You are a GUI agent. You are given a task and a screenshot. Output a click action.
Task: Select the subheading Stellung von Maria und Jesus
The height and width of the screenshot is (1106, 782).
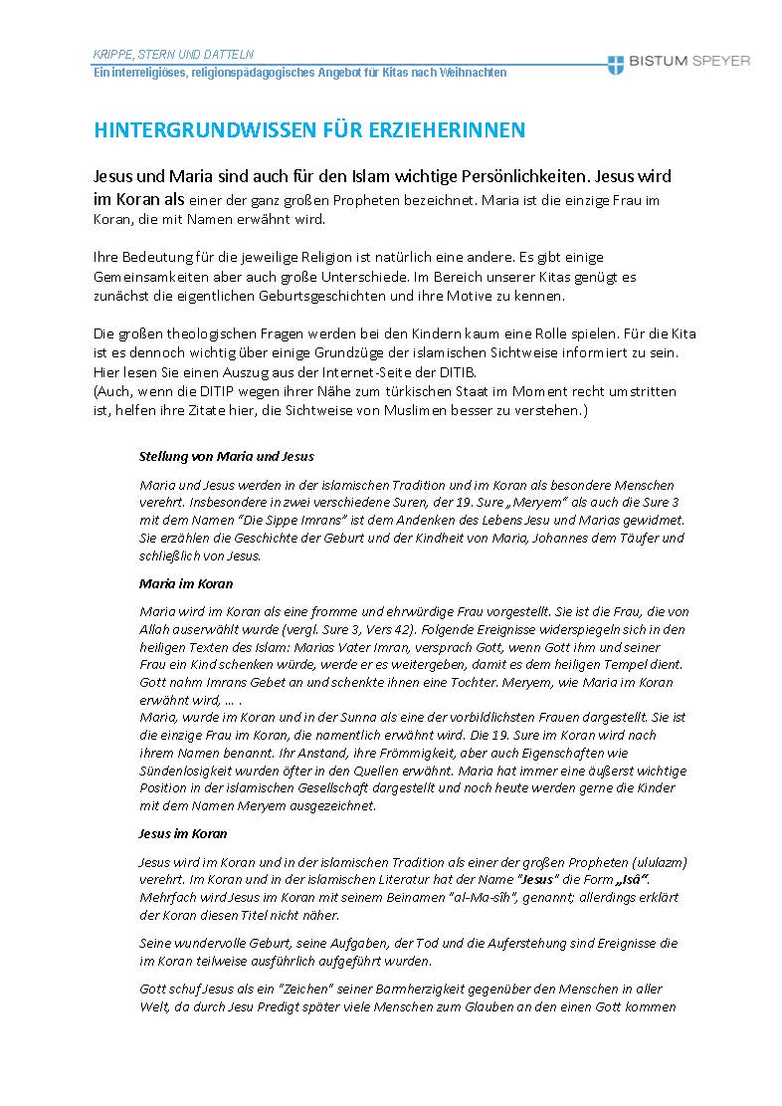(227, 456)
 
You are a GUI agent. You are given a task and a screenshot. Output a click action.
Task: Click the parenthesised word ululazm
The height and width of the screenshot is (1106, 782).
(662, 861)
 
